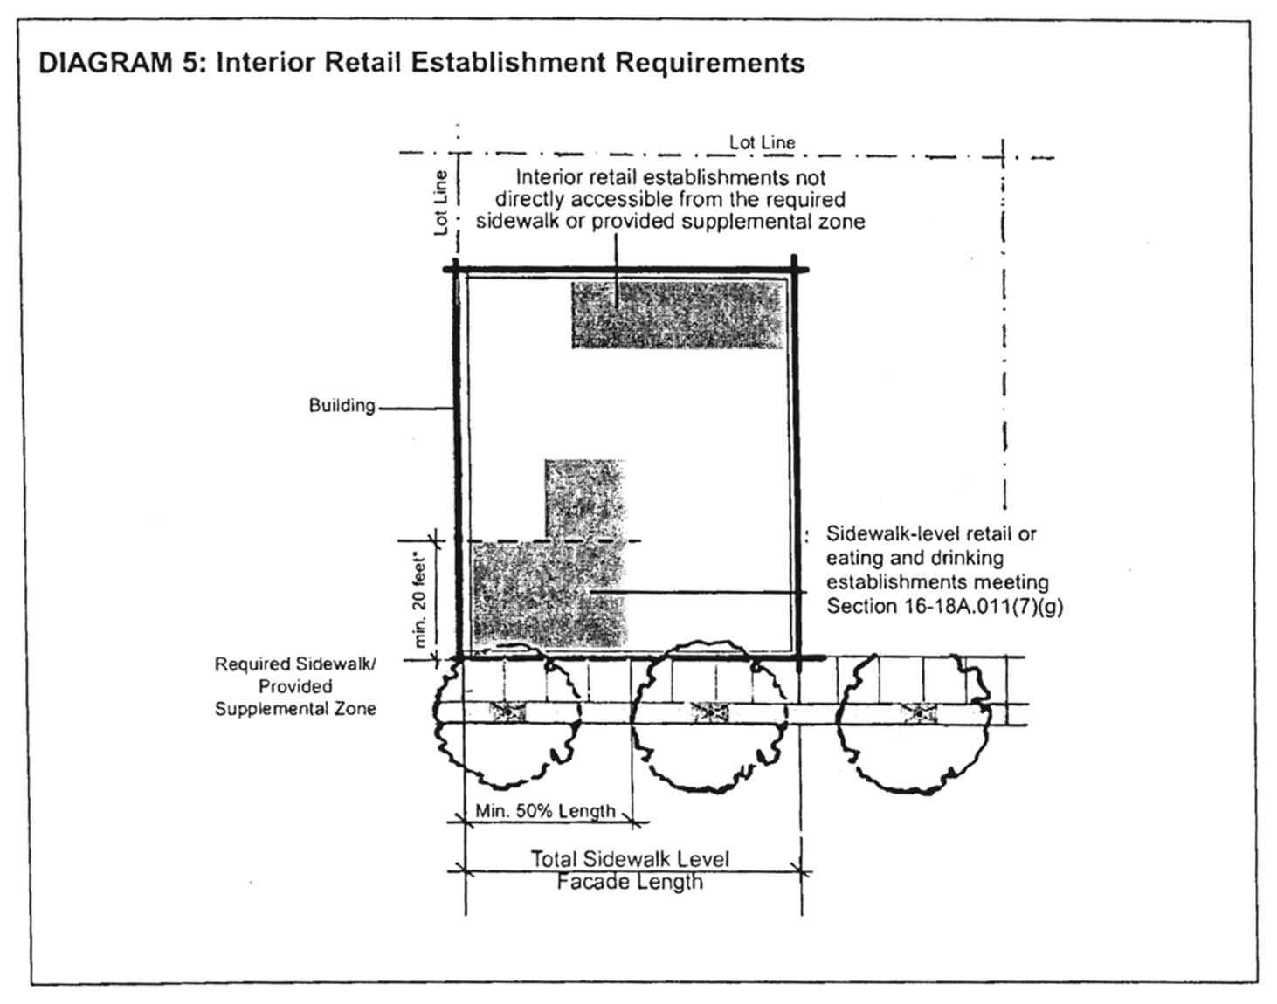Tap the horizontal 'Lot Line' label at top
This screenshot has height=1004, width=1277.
pyautogui.click(x=762, y=142)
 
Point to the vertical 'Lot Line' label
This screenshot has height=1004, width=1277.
pyautogui.click(x=441, y=203)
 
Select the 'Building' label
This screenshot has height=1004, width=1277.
pyautogui.click(x=342, y=406)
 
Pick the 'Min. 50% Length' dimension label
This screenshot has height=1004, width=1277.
pyautogui.click(x=545, y=811)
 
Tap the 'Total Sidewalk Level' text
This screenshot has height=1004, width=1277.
pyautogui.click(x=629, y=859)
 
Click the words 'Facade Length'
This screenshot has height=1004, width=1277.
pyautogui.click(x=629, y=882)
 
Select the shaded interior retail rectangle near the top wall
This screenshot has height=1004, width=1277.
pyautogui.click(x=678, y=314)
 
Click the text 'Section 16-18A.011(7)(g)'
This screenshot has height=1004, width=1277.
pyautogui.click(x=944, y=606)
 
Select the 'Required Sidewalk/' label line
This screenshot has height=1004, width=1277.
pyautogui.click(x=295, y=664)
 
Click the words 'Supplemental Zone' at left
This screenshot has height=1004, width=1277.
pyautogui.click(x=295, y=709)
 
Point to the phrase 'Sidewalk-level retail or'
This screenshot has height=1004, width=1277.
pyautogui.click(x=931, y=533)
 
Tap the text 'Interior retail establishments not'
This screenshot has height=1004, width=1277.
pyautogui.click(x=670, y=178)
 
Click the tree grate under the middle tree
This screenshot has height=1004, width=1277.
pyautogui.click(x=710, y=712)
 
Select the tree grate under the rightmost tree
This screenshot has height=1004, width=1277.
pyautogui.click(x=918, y=713)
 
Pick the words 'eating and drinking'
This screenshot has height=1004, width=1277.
pyautogui.click(x=915, y=558)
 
